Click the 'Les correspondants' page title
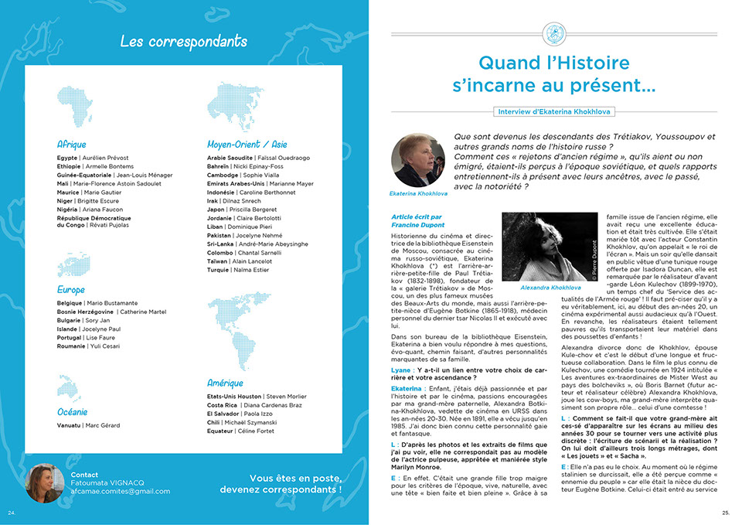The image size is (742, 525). point(184,42)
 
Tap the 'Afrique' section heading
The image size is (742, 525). point(71,145)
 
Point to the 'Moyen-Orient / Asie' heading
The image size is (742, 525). point(247,145)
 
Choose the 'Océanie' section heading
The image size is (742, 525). point(73,412)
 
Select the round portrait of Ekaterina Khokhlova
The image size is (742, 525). point(417,160)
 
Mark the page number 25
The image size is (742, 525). point(726,512)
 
